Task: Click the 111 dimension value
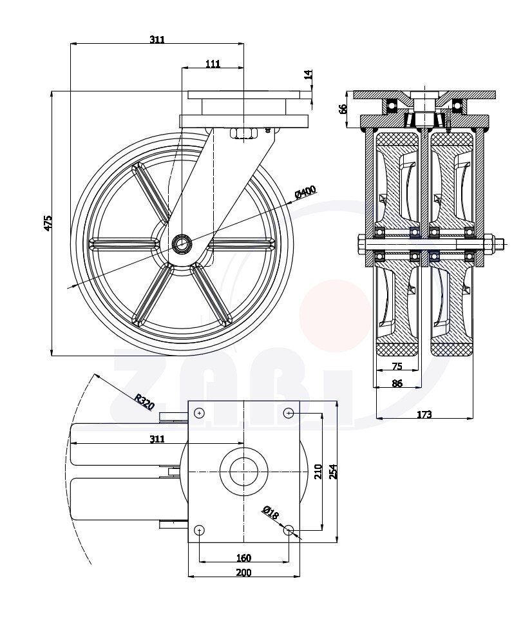(x=213, y=63)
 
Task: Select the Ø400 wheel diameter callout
(x=305, y=191)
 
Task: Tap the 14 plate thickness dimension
(x=309, y=75)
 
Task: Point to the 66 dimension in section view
(x=343, y=108)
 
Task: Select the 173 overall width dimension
(x=424, y=414)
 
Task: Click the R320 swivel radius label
(x=144, y=402)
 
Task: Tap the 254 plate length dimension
(x=334, y=472)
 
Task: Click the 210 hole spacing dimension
(x=318, y=472)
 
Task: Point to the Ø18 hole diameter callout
(x=270, y=513)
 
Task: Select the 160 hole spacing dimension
(x=243, y=558)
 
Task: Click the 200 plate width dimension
(x=243, y=572)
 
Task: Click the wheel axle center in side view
(x=181, y=243)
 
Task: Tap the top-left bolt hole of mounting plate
(x=200, y=412)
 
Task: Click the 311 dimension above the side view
(x=157, y=39)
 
